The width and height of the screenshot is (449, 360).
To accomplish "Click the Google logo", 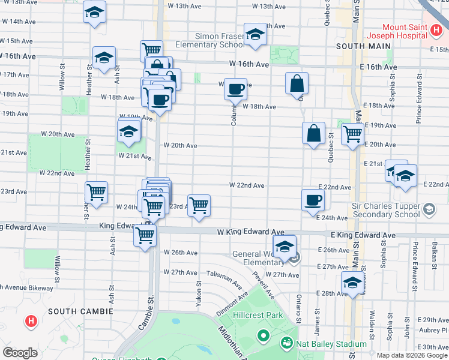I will click(20, 353).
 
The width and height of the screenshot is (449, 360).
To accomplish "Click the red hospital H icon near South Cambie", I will click(31, 322).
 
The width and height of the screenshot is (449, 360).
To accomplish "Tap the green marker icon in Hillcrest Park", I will click(262, 335).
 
